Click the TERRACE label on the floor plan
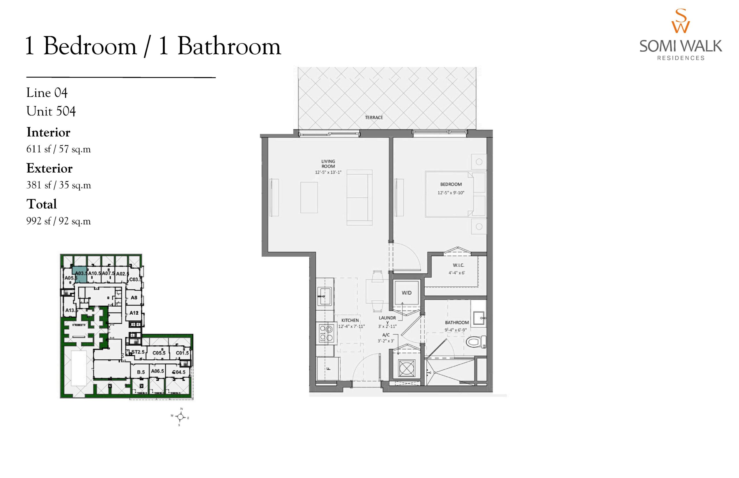(374, 117)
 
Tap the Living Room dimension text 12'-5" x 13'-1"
(328, 172)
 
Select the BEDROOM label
(451, 184)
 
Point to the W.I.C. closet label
(458, 265)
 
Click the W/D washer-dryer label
(406, 293)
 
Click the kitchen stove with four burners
(325, 333)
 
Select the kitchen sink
(325, 296)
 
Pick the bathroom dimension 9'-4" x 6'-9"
(456, 330)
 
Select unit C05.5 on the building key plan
(159, 353)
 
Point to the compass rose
(181, 417)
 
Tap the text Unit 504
(51, 111)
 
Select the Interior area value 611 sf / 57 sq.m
(58, 149)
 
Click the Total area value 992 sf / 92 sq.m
(58, 221)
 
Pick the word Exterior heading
(49, 168)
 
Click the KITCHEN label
(350, 320)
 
